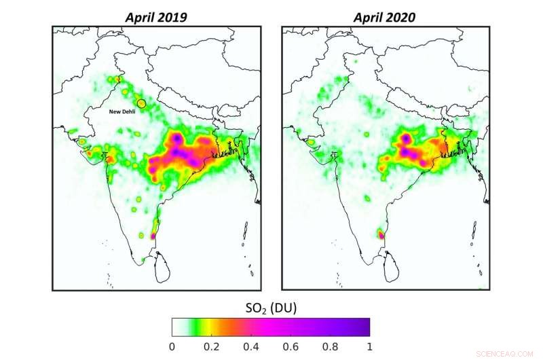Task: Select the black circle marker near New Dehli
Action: click(x=141, y=103)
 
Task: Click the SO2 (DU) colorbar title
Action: click(x=270, y=308)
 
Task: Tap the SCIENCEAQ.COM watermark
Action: click(x=506, y=353)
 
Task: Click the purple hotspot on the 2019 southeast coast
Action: click(x=152, y=236)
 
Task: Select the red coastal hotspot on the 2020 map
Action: click(x=381, y=235)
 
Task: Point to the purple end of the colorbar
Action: click(x=365, y=327)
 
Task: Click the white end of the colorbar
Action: click(x=176, y=327)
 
